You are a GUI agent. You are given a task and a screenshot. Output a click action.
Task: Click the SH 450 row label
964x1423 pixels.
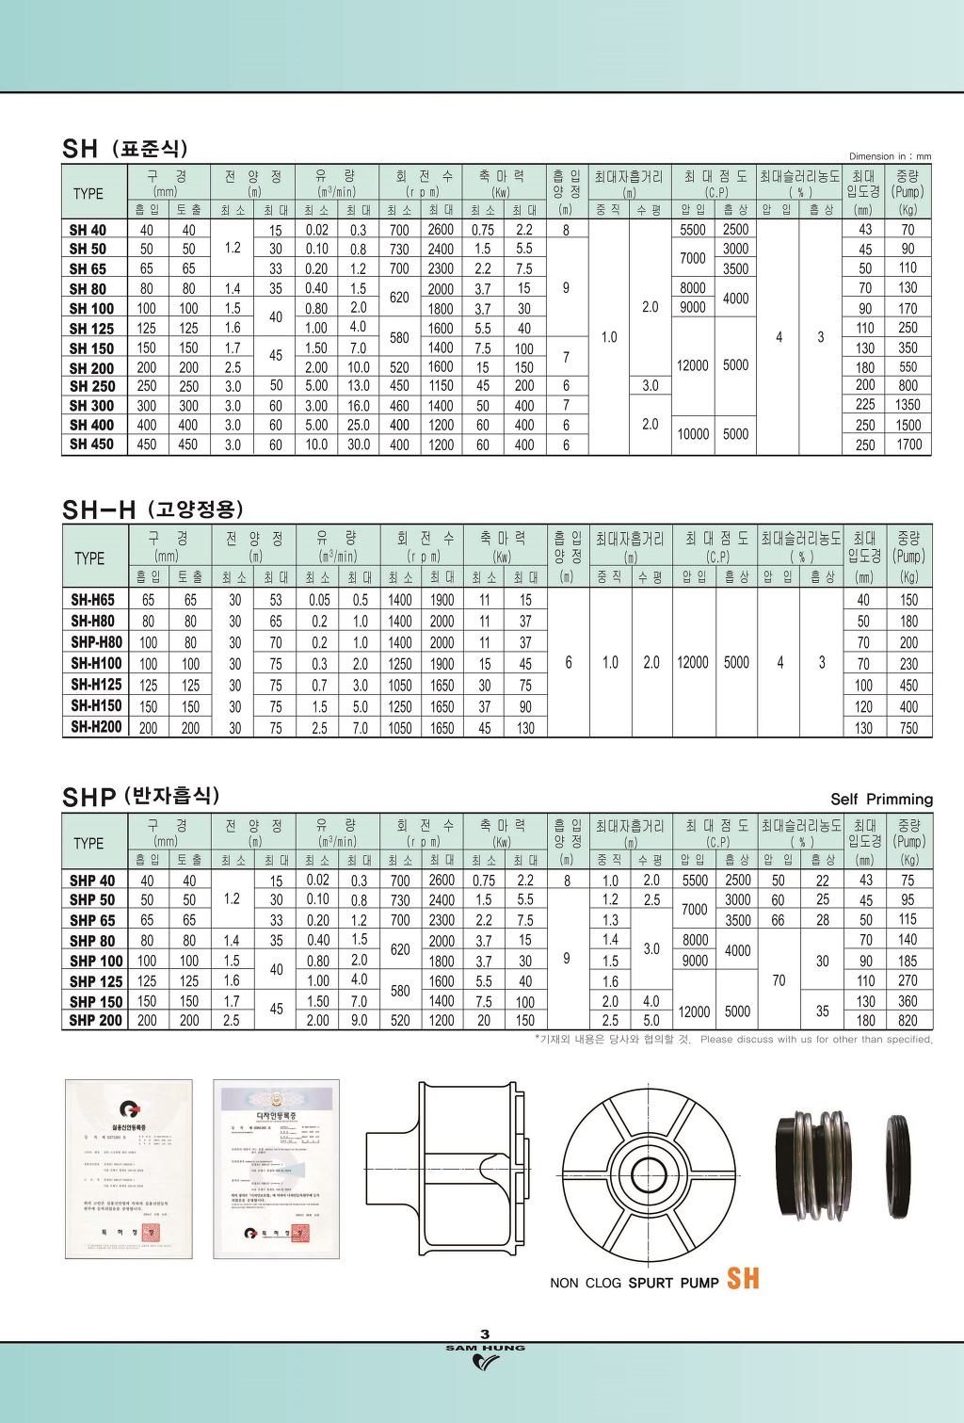(91, 445)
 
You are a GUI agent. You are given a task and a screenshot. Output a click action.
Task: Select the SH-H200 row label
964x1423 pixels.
(96, 727)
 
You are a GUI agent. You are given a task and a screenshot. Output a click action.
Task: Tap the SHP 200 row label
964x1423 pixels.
(95, 1020)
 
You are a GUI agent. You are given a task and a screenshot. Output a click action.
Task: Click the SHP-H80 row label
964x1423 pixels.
(96, 642)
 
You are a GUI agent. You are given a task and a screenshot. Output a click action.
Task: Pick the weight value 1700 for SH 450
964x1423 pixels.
(908, 445)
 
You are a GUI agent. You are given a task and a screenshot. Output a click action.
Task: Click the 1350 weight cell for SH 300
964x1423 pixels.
(908, 405)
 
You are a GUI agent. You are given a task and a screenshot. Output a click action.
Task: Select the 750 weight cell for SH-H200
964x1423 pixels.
(908, 728)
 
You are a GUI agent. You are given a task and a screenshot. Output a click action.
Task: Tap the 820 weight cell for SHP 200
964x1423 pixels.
(908, 1021)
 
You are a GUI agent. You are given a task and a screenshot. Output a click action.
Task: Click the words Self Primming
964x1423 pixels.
(881, 800)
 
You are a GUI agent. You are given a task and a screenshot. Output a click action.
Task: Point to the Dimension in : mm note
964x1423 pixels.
(890, 156)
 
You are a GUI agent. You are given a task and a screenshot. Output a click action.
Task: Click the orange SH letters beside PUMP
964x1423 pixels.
(743, 1279)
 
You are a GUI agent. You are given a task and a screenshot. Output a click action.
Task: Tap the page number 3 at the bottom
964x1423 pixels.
(485, 1334)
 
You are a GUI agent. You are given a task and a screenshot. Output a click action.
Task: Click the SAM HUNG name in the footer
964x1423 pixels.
(485, 1348)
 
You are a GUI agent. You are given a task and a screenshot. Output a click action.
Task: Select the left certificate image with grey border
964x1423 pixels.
(128, 1169)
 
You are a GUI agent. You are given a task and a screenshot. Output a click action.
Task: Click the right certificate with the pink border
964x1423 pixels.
(277, 1169)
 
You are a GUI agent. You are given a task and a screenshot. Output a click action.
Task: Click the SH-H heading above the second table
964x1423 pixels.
(99, 510)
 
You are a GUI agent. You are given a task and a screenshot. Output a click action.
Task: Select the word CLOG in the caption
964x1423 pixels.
(603, 1283)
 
